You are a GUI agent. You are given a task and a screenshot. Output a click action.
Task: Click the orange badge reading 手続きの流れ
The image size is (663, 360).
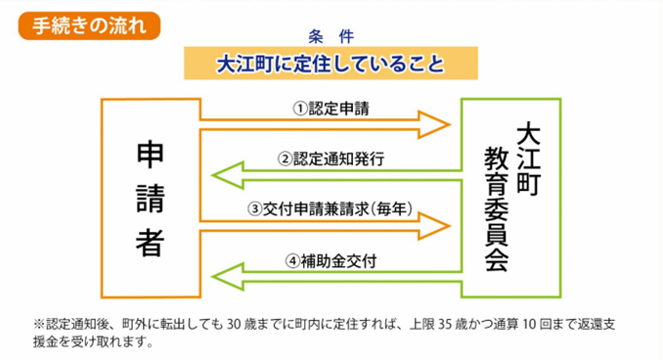(x=82, y=24)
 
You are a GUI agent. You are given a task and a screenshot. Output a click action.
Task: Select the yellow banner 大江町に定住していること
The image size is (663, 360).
(x=331, y=66)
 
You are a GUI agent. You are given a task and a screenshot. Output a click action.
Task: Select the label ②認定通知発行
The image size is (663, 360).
(x=331, y=157)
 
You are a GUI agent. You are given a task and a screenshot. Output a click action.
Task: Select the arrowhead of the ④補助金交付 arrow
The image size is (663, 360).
(x=228, y=278)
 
